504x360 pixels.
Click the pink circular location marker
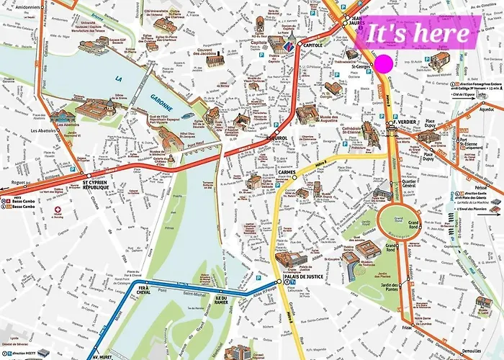[382, 63]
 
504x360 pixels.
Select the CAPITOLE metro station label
[312, 45]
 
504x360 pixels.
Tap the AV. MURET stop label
[104, 356]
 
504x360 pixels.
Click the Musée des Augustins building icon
[306, 113]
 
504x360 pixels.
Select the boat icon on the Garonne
[188, 114]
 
